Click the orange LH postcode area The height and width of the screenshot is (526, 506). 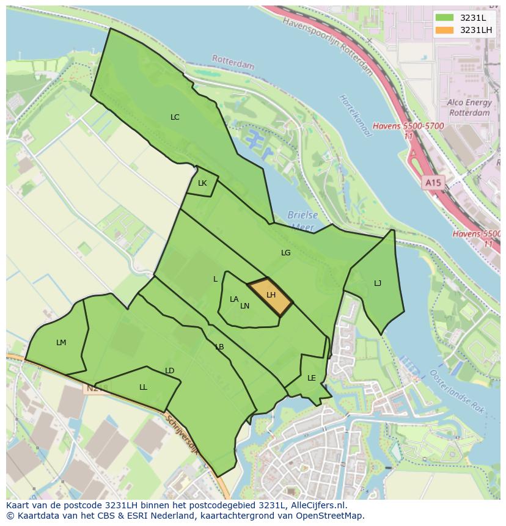(x=270, y=296)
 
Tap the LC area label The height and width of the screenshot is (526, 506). (x=175, y=117)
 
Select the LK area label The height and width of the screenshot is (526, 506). (x=202, y=183)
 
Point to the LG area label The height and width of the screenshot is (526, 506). (x=285, y=252)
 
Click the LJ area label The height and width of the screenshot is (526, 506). (x=378, y=283)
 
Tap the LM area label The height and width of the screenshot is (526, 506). (x=61, y=343)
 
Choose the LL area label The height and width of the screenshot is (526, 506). (x=143, y=387)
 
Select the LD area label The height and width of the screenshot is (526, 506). (x=170, y=371)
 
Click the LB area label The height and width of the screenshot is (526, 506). (x=219, y=347)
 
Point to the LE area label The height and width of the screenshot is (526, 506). (x=312, y=378)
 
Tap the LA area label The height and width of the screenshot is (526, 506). (x=234, y=299)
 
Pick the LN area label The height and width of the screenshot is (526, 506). (x=244, y=306)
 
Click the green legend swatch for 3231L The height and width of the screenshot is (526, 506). (x=445, y=18)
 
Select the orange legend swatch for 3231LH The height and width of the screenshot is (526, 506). (x=445, y=30)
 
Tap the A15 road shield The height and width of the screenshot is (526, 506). (x=433, y=183)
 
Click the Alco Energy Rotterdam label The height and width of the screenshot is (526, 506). (x=469, y=108)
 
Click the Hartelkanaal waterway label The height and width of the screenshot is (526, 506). (x=355, y=116)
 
